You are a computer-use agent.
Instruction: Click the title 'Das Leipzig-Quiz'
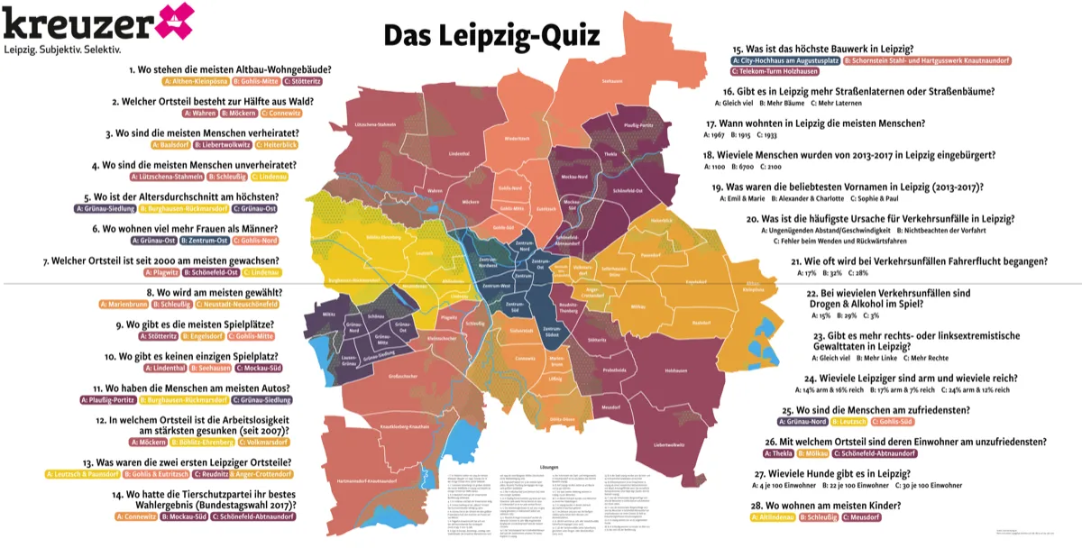pyautogui.click(x=491, y=35)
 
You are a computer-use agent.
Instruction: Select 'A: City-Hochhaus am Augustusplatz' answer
pyautogui.click(x=784, y=60)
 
